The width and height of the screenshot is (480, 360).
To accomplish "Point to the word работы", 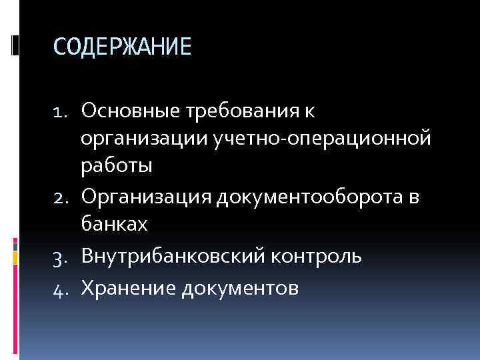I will [x=117, y=167].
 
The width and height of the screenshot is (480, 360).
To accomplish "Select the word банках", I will [x=114, y=225].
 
